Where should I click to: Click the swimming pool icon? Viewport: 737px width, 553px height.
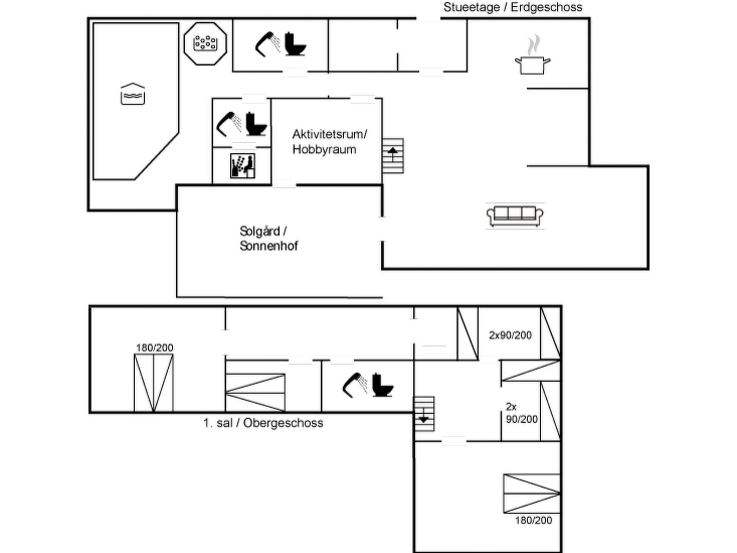132,94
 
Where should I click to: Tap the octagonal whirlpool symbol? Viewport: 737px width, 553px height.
205,44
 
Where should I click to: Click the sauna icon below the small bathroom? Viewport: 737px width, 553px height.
243,166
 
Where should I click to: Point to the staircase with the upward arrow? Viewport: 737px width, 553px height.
393,156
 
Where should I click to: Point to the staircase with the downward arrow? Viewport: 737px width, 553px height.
424,414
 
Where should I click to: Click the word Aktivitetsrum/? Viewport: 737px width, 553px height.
329,134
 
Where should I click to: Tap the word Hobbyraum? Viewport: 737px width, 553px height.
324,149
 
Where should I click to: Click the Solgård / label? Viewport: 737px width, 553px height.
263,231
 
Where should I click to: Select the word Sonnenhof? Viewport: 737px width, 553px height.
269,246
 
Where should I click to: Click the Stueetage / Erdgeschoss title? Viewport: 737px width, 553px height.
512,7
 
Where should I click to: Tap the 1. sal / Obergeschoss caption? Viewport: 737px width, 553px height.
263,423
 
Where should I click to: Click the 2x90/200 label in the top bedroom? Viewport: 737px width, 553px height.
510,335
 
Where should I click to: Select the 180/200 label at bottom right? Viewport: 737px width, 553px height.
533,520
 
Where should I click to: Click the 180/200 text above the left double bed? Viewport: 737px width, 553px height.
154,348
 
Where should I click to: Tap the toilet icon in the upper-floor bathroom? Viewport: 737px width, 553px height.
382,386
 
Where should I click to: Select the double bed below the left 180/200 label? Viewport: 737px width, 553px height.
154,383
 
